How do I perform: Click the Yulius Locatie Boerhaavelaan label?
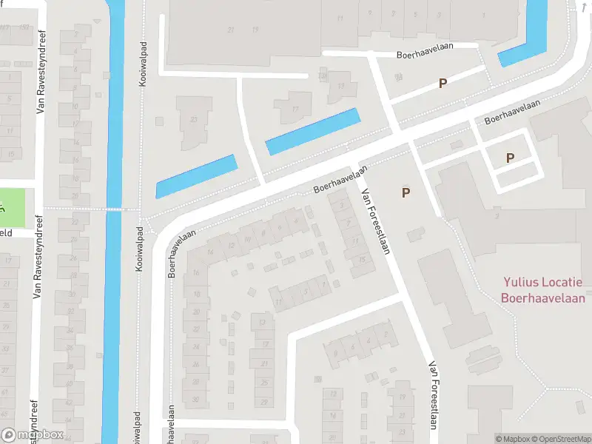543,290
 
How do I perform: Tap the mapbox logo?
33,435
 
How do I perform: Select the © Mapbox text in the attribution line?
513,439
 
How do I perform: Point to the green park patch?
13,208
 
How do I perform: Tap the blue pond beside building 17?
312,131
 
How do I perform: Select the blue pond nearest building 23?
195,175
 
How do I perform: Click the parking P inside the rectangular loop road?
510,158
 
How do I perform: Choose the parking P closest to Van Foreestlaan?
406,192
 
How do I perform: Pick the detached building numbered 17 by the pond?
295,108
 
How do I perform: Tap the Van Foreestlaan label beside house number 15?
374,221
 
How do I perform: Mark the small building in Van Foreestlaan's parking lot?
416,234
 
